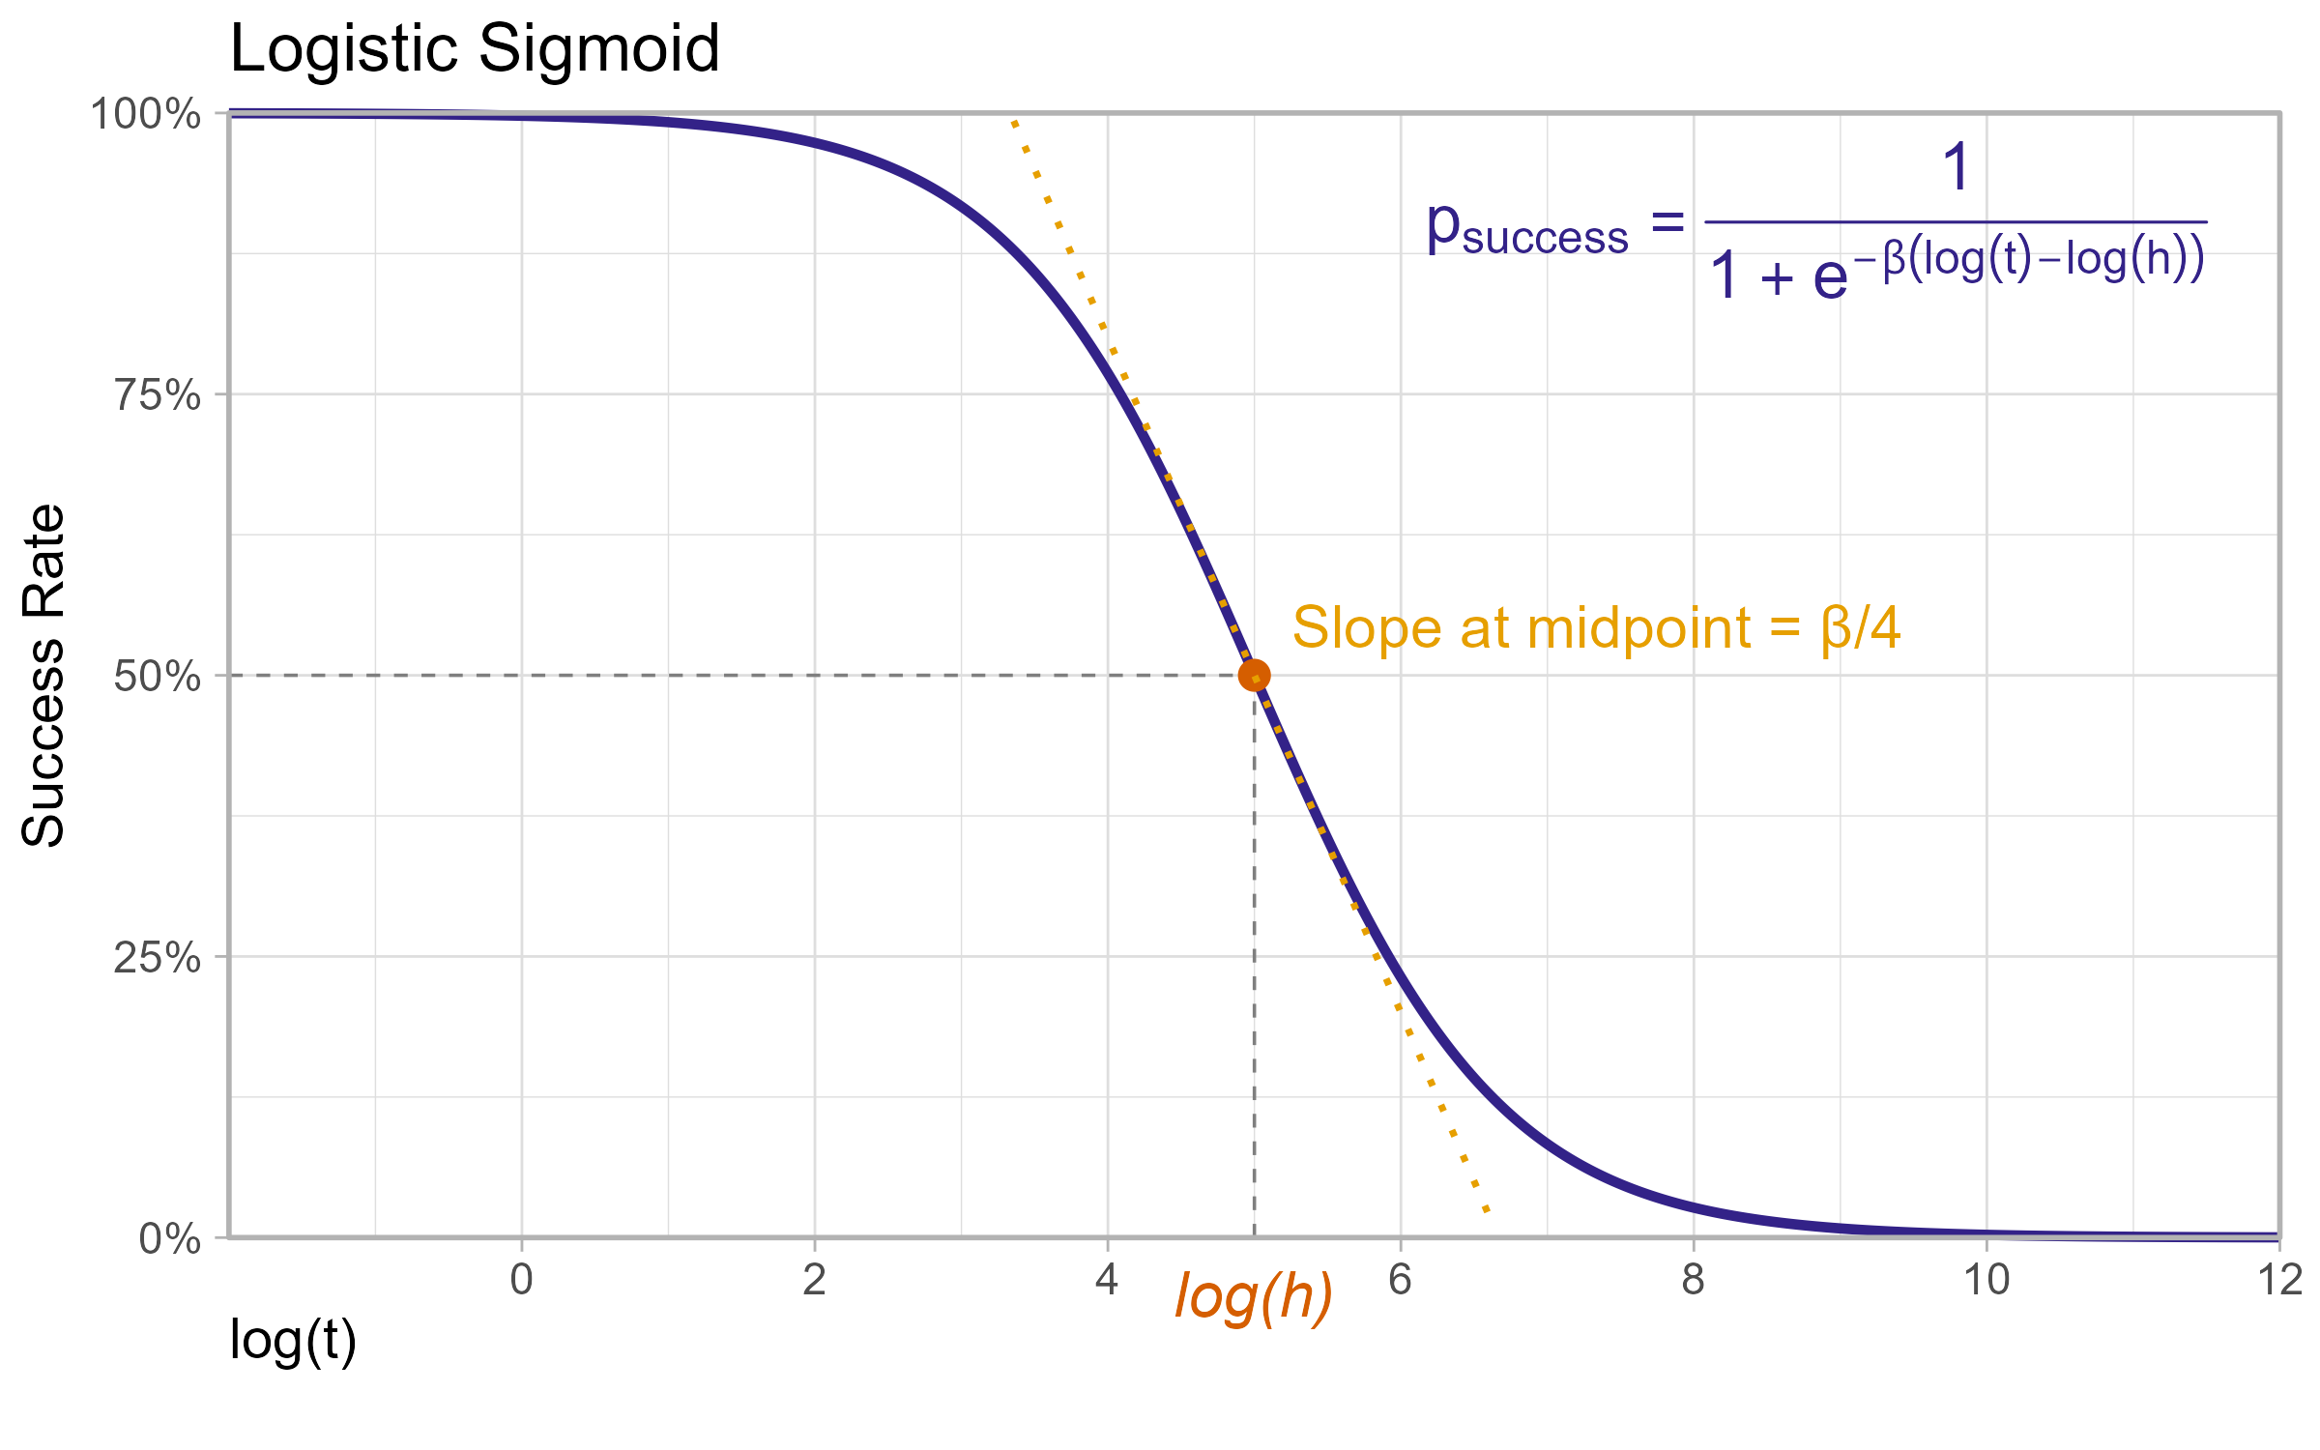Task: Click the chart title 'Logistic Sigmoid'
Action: click(475, 48)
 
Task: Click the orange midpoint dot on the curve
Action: click(1254, 675)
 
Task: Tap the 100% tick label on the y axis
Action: click(145, 115)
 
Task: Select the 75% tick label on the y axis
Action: click(158, 395)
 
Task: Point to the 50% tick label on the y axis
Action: click(158, 677)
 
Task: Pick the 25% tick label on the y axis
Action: click(158, 958)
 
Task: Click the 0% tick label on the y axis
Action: click(169, 1239)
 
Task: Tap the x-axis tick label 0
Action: click(522, 1281)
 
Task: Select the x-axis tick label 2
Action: click(815, 1281)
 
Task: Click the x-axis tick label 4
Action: click(1107, 1281)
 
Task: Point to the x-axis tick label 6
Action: click(1401, 1281)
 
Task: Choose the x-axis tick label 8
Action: click(1694, 1281)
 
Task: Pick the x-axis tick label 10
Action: click(1986, 1281)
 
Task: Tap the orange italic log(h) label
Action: click(1254, 1297)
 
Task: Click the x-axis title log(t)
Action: click(293, 1342)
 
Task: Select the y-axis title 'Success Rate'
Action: click(43, 676)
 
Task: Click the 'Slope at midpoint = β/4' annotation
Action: click(1596, 628)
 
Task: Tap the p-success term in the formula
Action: click(1527, 230)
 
